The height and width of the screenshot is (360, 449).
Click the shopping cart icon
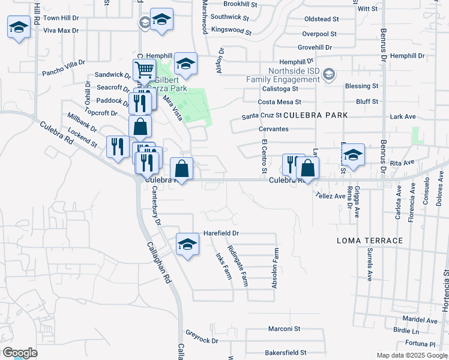click(x=144, y=71)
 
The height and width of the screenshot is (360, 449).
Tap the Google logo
click(x=20, y=353)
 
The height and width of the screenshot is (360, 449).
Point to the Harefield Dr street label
click(x=221, y=233)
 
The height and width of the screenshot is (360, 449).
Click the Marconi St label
click(x=284, y=329)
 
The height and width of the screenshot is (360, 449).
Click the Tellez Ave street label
click(x=331, y=196)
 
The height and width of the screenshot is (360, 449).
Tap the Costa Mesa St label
click(x=279, y=103)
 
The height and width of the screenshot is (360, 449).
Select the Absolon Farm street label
click(x=274, y=269)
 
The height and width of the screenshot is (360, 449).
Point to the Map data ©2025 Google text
click(x=412, y=355)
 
